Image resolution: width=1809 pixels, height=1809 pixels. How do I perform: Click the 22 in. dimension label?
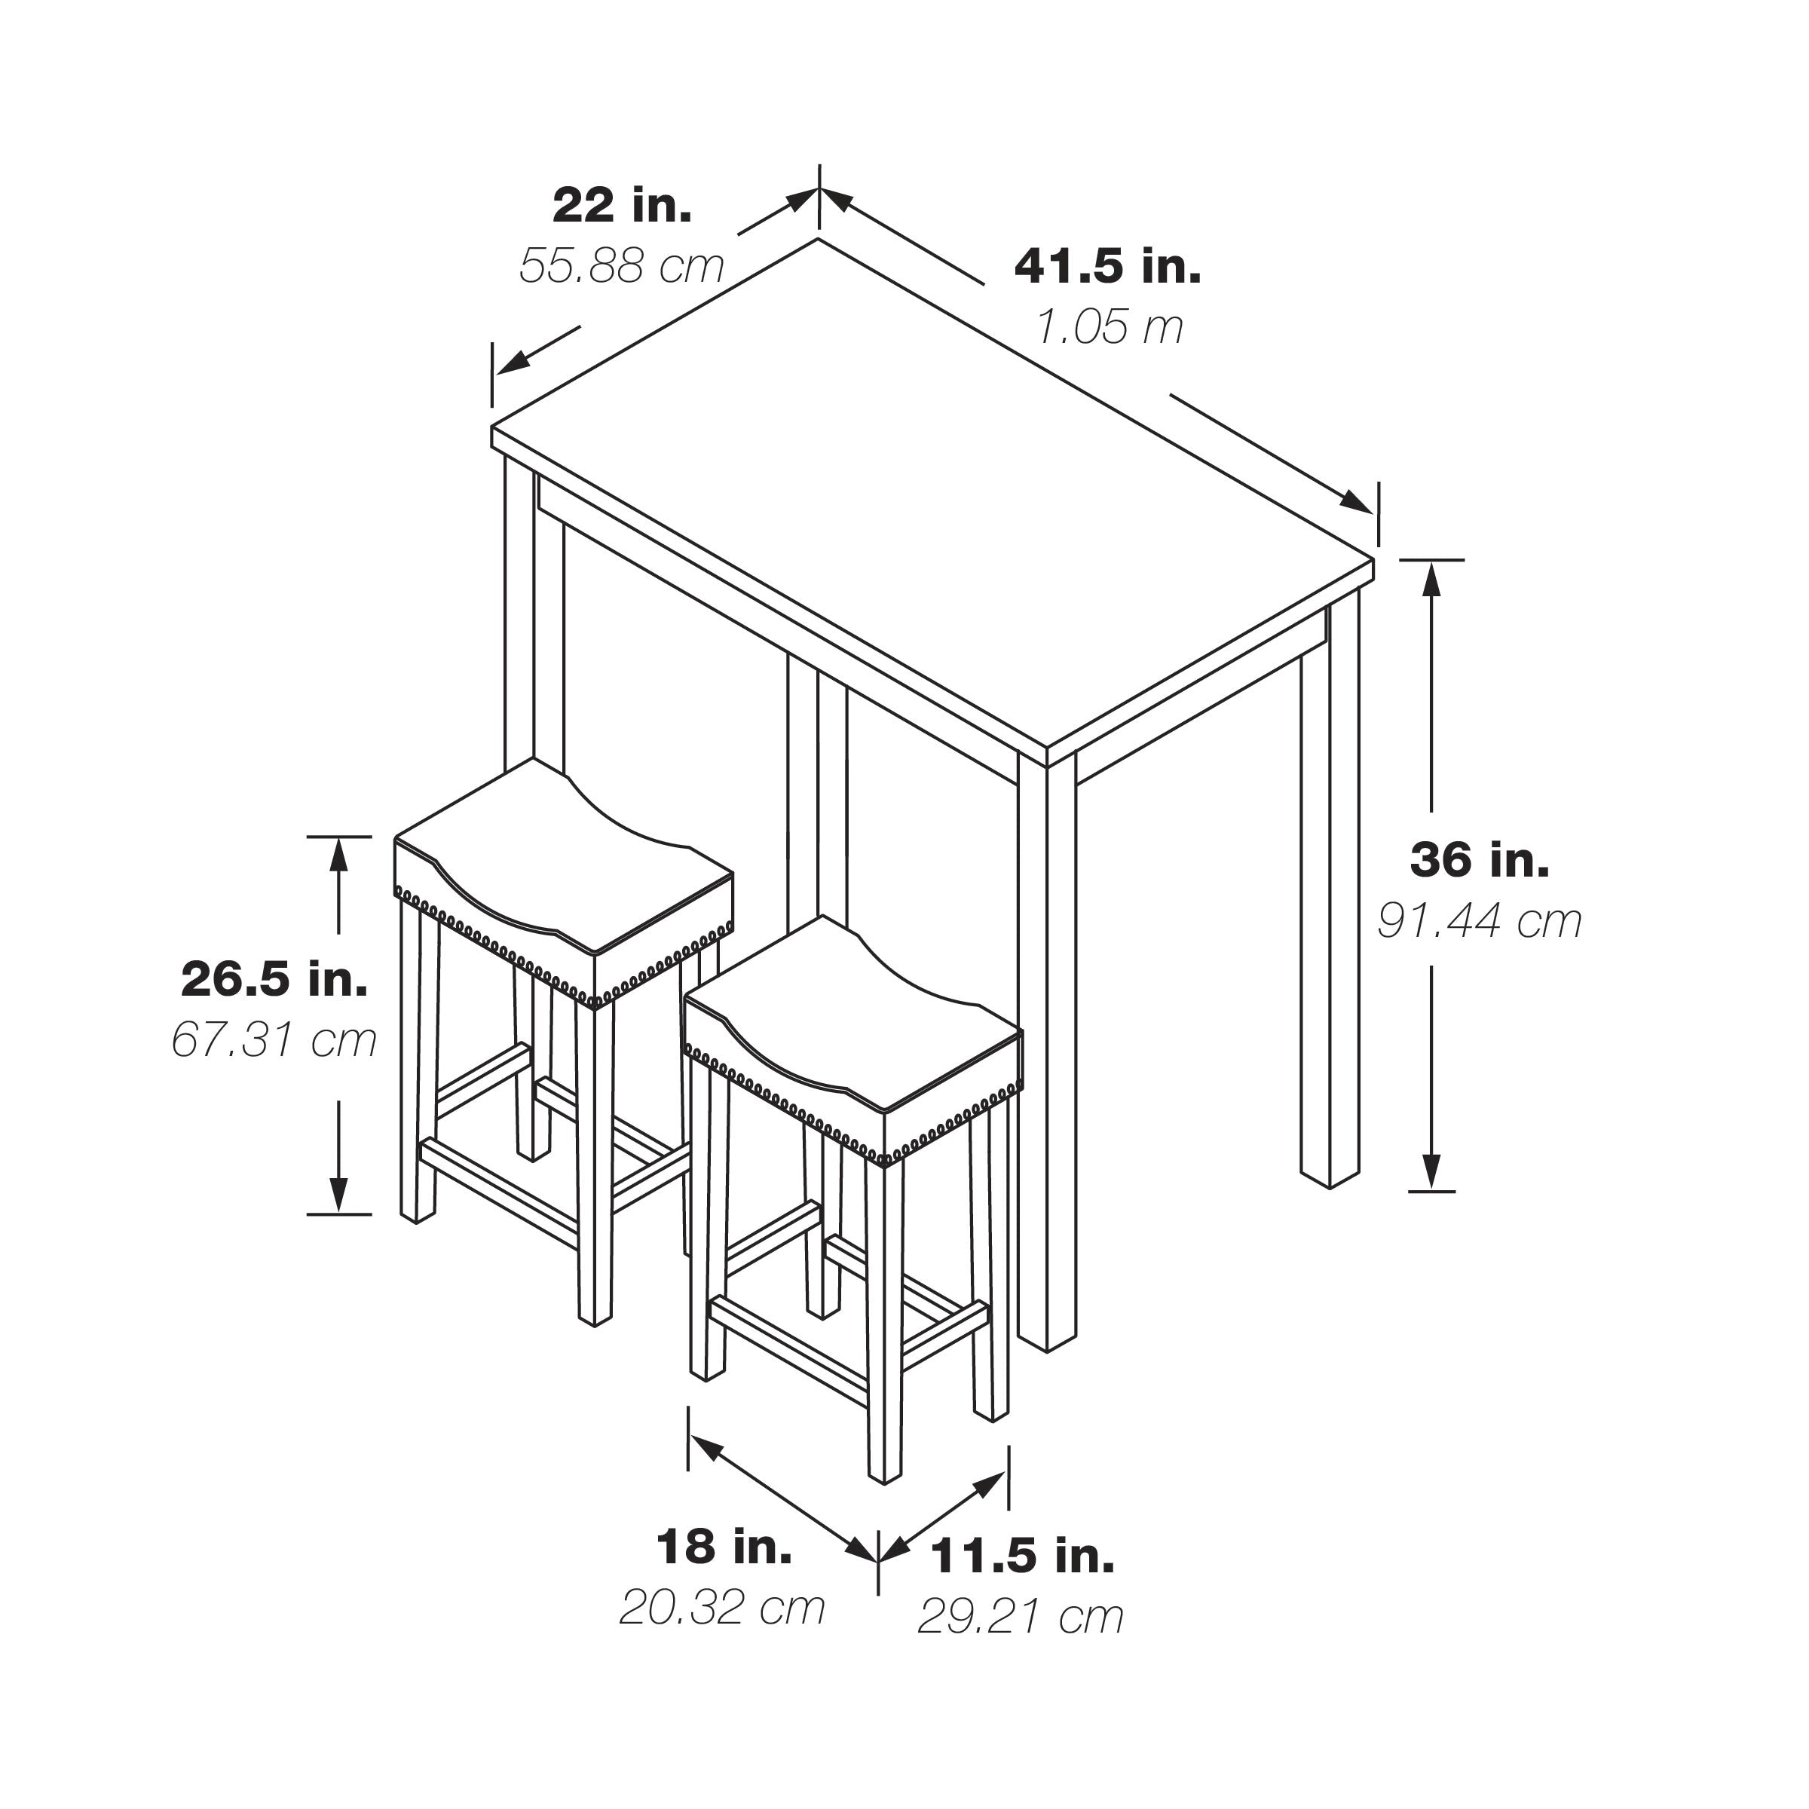[623, 205]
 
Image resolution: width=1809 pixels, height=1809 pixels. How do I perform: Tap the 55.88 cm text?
[622, 266]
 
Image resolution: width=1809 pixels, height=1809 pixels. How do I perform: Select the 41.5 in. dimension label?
[1108, 266]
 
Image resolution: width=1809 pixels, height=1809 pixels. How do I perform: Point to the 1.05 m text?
[1110, 327]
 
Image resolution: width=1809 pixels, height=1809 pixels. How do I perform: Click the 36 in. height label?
[1480, 859]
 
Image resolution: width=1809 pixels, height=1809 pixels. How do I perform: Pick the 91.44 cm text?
[1480, 920]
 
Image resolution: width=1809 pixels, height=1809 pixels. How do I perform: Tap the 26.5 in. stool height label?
[274, 978]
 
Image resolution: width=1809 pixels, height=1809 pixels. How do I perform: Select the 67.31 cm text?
[274, 1039]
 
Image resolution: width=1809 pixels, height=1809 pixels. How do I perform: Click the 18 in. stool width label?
[724, 1546]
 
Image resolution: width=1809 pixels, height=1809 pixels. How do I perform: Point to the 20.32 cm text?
[722, 1607]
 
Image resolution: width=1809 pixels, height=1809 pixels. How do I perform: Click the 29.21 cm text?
[1021, 1616]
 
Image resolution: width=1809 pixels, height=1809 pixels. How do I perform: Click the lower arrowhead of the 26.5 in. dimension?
[339, 1195]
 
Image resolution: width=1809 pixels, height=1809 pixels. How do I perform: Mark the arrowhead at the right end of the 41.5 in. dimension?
[1357, 501]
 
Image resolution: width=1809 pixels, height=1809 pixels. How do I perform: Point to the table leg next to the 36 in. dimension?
[1330, 889]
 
